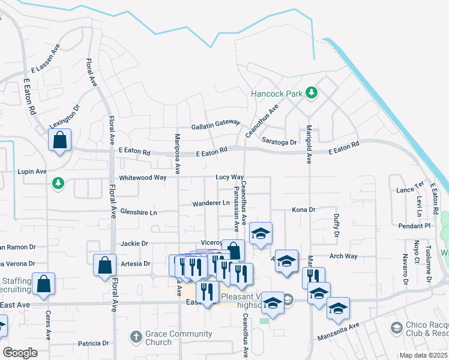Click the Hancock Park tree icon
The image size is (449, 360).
[x=311, y=92]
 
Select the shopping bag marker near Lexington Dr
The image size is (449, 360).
[x=60, y=140]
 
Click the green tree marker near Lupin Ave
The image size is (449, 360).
[x=58, y=182]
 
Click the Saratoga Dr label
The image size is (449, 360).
[x=280, y=142]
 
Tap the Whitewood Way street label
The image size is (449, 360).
[x=142, y=178]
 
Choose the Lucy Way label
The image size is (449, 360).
[x=230, y=178]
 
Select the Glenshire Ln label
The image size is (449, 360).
[x=139, y=212]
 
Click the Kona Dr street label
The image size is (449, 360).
[x=303, y=209]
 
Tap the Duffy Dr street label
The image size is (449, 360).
[x=336, y=226]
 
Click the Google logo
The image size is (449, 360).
[x=20, y=353]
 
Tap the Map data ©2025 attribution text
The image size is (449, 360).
[x=423, y=355]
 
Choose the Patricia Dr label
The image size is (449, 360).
[x=93, y=344]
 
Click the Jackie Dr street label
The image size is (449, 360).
[x=134, y=244]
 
